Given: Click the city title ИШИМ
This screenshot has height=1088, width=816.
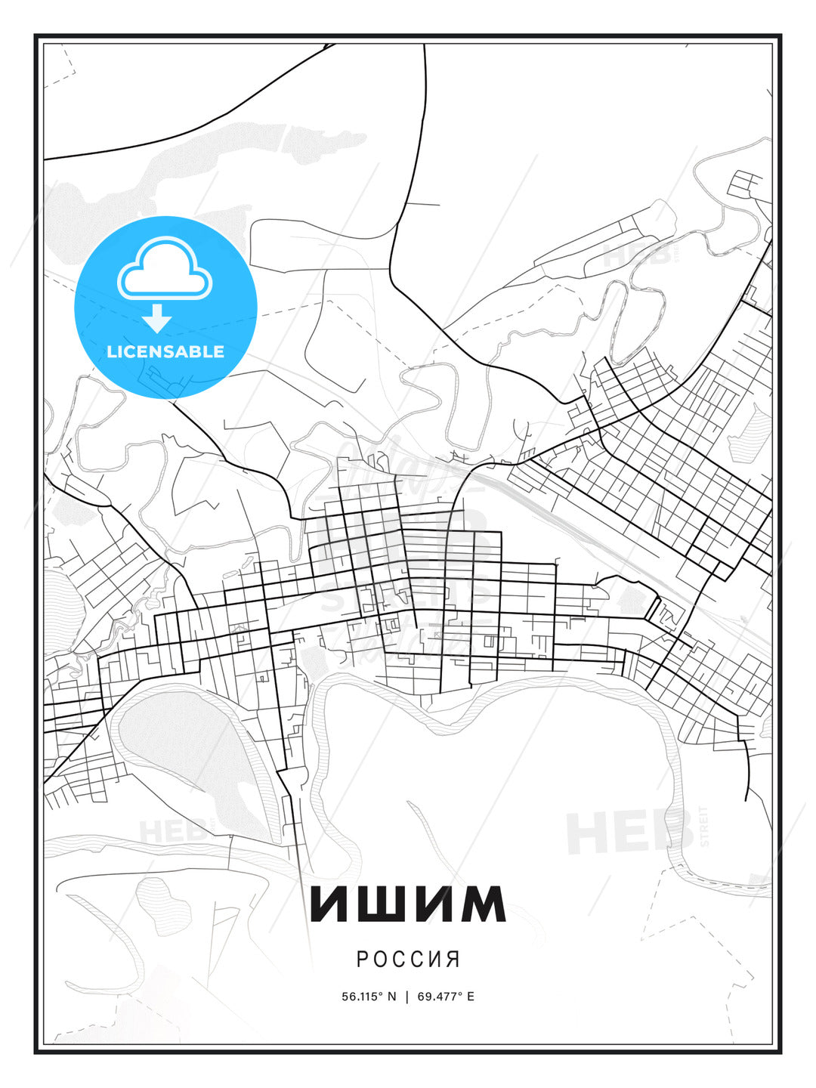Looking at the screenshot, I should point(408,903).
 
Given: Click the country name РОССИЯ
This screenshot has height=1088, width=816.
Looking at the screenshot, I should point(408,959).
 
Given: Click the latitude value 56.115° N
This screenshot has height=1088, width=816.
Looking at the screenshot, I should point(369,997).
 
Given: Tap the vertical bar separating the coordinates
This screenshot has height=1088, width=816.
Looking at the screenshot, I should point(408,997).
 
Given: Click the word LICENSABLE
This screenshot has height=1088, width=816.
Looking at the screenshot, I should point(165,351).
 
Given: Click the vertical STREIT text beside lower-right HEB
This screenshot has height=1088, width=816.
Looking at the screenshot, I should point(704,827).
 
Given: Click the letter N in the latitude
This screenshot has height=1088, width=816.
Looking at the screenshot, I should point(392,997).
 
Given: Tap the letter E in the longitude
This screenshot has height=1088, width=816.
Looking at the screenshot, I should point(471,997).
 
